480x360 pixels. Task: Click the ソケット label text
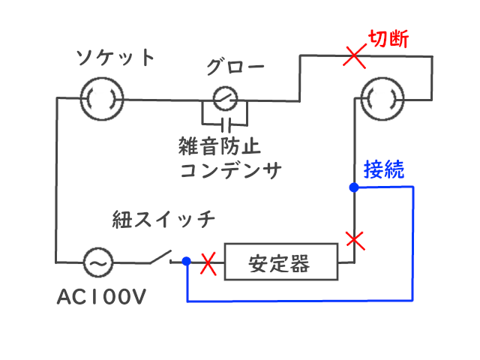116,58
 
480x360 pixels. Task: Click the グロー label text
235,68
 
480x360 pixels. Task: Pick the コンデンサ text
230,169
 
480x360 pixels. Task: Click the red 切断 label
388,40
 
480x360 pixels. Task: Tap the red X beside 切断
354,55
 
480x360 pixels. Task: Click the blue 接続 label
384,169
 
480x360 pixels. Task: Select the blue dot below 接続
353,187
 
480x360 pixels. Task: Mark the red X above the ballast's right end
354,240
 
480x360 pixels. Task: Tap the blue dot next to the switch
186,262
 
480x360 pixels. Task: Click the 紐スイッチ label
164,219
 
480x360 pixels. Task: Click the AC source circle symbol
98,262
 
